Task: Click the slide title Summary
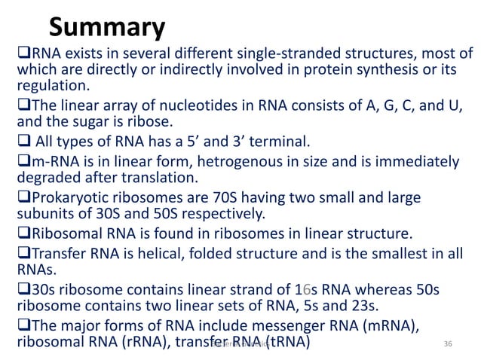pos(106,28)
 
